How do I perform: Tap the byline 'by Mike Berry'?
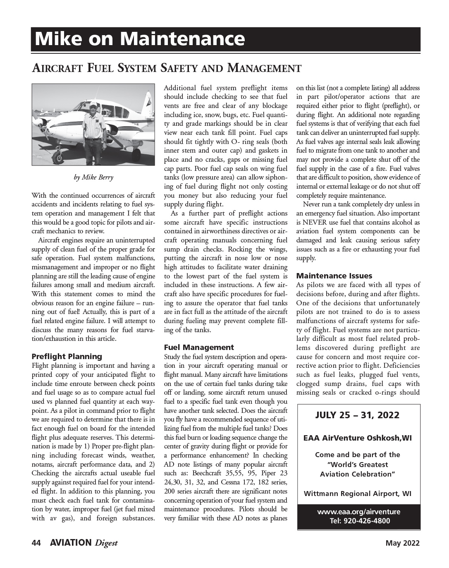click(93, 177)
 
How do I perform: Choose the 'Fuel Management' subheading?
click(199, 347)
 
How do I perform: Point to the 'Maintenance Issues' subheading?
click(334, 276)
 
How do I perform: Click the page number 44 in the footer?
click(36, 543)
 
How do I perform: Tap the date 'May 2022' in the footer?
click(402, 543)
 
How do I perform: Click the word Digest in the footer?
click(106, 543)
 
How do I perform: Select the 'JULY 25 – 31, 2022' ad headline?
click(357, 415)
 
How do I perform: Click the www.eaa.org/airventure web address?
click(358, 512)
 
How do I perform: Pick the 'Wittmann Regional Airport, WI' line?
click(358, 494)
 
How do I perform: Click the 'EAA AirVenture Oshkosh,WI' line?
click(358, 438)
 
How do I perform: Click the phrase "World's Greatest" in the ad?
click(358, 464)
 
